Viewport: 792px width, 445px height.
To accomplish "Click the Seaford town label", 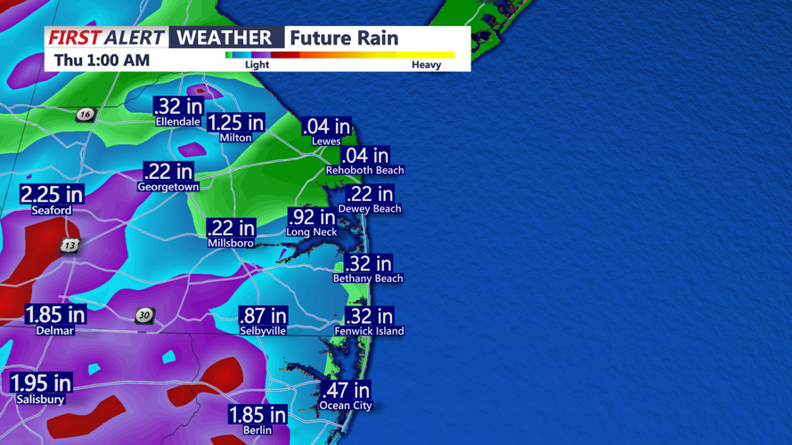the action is [52, 211].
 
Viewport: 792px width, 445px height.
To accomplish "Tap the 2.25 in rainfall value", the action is [52, 194].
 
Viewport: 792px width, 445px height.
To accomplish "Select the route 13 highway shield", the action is [70, 245].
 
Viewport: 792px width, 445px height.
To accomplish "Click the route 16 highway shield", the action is [85, 114].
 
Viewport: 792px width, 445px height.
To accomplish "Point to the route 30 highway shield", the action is [144, 316].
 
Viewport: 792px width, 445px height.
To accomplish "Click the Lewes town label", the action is [326, 142].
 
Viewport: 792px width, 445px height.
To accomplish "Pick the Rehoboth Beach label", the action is [364, 170].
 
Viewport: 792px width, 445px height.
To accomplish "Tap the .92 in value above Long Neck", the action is [312, 216].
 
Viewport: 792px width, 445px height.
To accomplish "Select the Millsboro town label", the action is [231, 243].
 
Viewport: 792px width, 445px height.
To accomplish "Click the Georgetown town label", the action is [167, 188].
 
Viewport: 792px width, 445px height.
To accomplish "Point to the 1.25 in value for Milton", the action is [236, 123].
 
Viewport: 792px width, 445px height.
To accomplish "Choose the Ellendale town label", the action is [178, 122].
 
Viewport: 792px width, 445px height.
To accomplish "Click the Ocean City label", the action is [346, 406].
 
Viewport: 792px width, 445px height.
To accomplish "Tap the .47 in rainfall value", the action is [346, 390].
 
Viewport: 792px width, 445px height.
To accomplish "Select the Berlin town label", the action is [257, 430].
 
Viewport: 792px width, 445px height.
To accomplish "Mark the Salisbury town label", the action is [40, 400].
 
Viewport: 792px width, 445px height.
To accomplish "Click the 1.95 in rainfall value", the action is [41, 384].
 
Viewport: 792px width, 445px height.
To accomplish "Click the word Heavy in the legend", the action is [426, 65].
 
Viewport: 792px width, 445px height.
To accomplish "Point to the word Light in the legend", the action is [257, 65].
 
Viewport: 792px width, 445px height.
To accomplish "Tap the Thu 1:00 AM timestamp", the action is [102, 61].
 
